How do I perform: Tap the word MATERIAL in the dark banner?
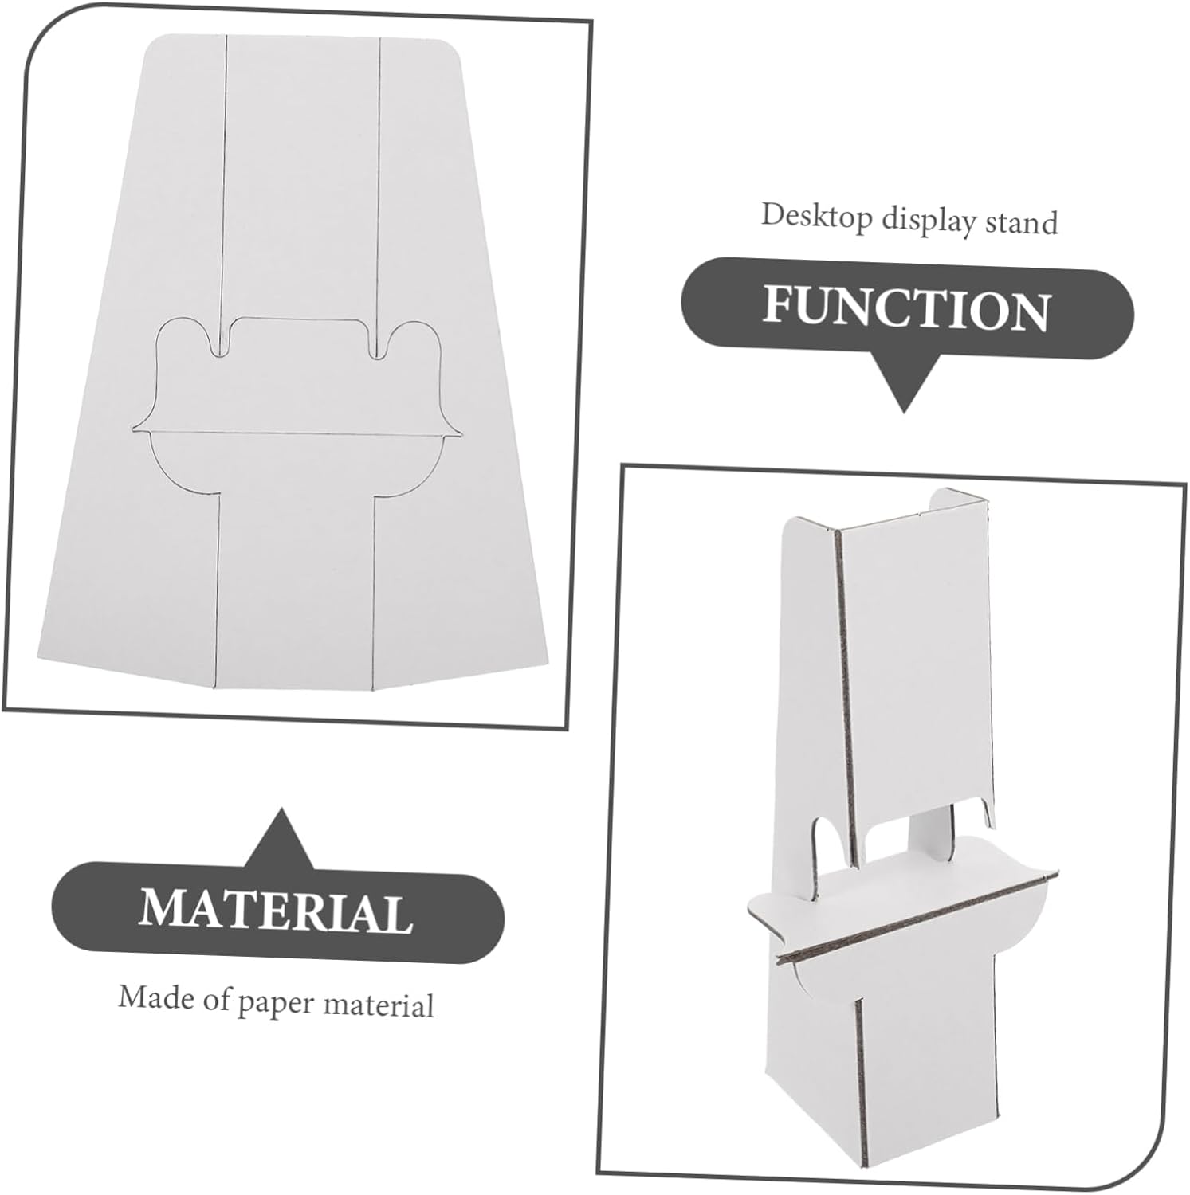pyautogui.click(x=276, y=908)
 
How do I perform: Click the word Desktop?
pyautogui.click(x=817, y=217)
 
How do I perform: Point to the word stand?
pyautogui.click(x=1022, y=222)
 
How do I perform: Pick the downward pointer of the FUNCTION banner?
pyautogui.click(x=904, y=381)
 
